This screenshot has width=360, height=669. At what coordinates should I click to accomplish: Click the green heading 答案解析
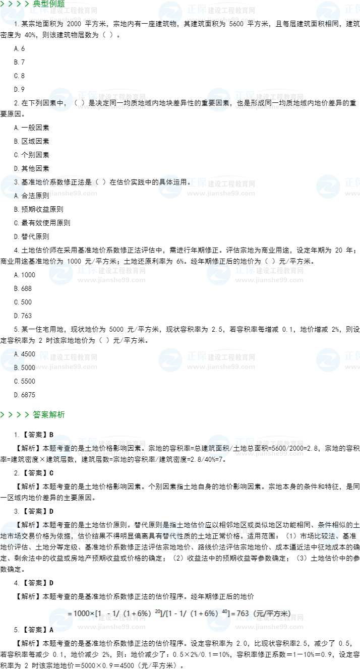coord(49,415)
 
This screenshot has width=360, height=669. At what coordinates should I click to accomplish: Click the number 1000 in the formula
coord(81,614)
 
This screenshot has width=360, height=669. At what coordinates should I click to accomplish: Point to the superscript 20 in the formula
coord(157,611)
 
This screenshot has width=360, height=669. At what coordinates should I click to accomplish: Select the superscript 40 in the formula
coord(225,611)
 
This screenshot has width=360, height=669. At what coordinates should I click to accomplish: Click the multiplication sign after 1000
coord(92,614)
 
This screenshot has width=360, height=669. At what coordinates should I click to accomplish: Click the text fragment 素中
coord(57,103)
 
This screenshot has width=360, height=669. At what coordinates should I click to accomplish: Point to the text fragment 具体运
coord(170,182)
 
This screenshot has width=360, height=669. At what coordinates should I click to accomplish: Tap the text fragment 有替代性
coord(171,536)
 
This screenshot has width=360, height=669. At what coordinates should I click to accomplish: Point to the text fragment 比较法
coord(328,536)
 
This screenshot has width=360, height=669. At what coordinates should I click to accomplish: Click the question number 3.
coord(16,182)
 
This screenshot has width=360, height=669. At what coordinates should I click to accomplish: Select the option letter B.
coord(16,368)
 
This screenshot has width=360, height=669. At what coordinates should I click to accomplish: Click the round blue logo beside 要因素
coord(219,99)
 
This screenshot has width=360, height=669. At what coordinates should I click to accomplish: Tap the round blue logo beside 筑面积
coord(219,446)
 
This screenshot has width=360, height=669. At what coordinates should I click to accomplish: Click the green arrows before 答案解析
coord(15,415)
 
